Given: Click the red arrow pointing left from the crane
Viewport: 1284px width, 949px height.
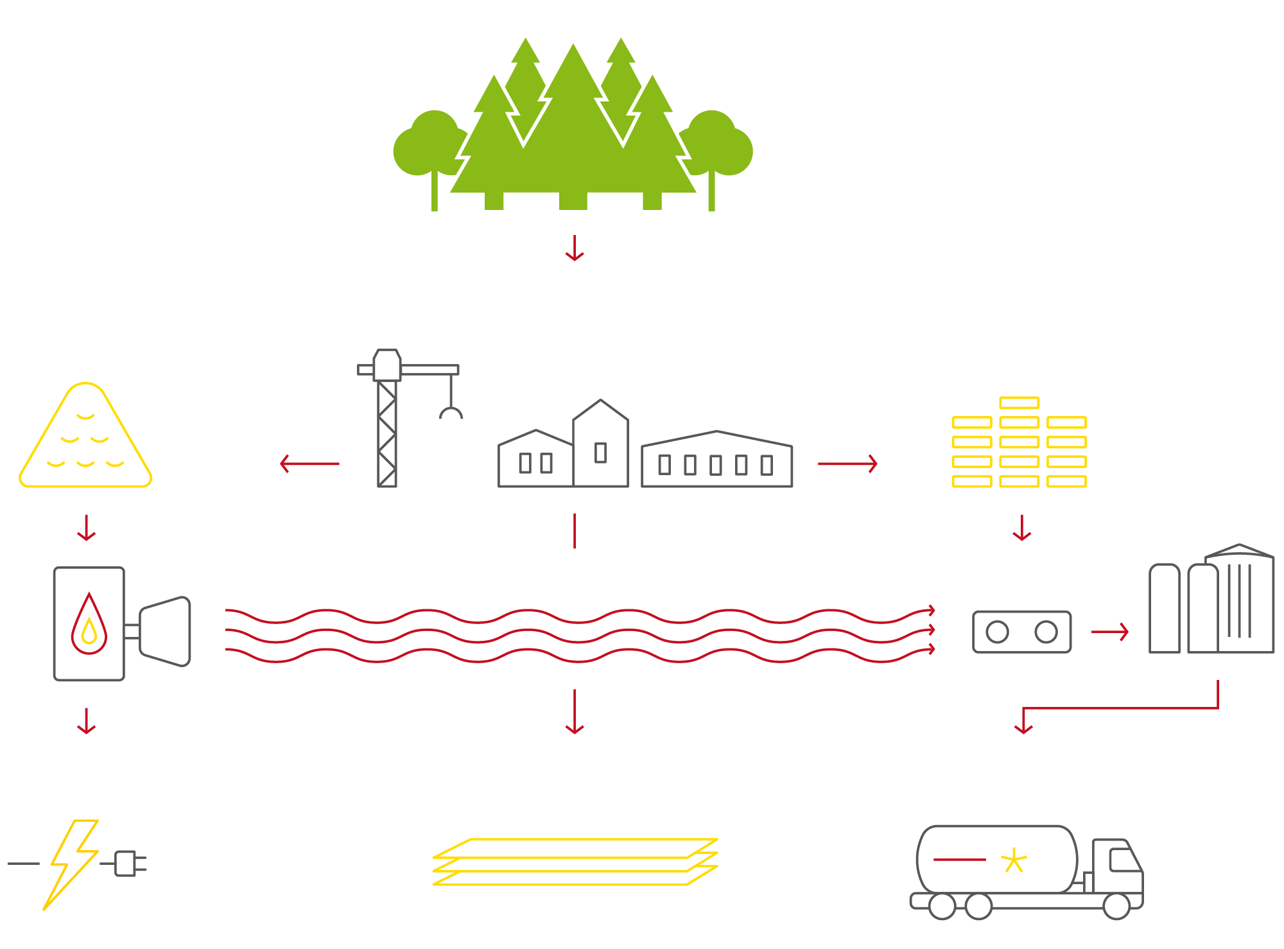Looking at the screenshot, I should coord(309,464).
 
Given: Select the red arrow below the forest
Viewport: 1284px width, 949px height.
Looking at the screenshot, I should coord(575,248).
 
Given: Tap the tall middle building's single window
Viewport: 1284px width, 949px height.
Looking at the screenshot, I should coord(601,453).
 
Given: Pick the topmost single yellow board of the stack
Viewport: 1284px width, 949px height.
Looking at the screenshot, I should coord(1019,403).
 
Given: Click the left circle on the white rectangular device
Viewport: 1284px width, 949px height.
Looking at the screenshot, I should coord(997,632).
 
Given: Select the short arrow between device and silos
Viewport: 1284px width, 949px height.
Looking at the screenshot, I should coord(1109,632).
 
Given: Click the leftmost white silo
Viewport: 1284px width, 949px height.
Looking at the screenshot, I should coord(1164,609).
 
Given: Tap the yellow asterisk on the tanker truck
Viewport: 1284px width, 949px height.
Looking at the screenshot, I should coord(1014,860).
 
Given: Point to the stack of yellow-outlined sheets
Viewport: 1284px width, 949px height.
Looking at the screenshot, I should coord(575,862).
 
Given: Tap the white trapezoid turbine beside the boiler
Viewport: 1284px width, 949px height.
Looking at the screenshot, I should coord(166,631).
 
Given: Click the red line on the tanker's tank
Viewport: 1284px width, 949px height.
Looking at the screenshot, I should coord(959,859).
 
